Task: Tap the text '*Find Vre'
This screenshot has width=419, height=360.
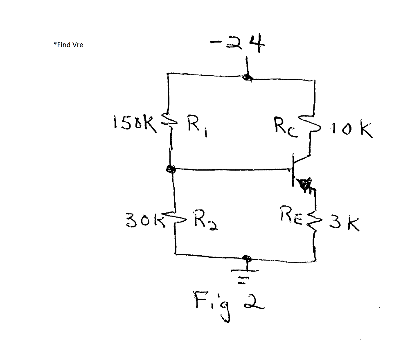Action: click(x=68, y=45)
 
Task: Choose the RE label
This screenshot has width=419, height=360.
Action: click(x=292, y=214)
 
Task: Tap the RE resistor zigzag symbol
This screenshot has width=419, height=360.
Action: click(x=315, y=219)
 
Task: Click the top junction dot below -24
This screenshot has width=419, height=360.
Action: click(x=247, y=77)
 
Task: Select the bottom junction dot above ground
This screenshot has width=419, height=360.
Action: click(x=246, y=257)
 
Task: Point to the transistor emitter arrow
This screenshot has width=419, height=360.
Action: click(x=305, y=185)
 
